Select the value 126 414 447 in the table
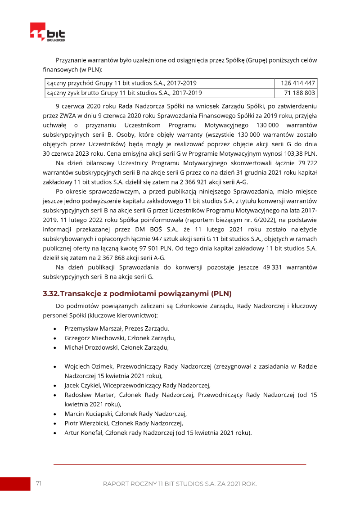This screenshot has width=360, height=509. pos(297,83)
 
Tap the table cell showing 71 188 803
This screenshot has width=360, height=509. pos(300,93)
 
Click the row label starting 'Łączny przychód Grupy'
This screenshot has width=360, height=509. pos(121,83)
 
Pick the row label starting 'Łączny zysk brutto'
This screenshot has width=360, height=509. pos(124,93)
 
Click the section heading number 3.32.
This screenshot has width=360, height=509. pos(50,294)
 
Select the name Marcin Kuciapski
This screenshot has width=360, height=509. pos(88,414)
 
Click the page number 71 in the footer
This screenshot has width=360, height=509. pos(39,483)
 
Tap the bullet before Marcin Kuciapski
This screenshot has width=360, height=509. pos(54,414)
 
